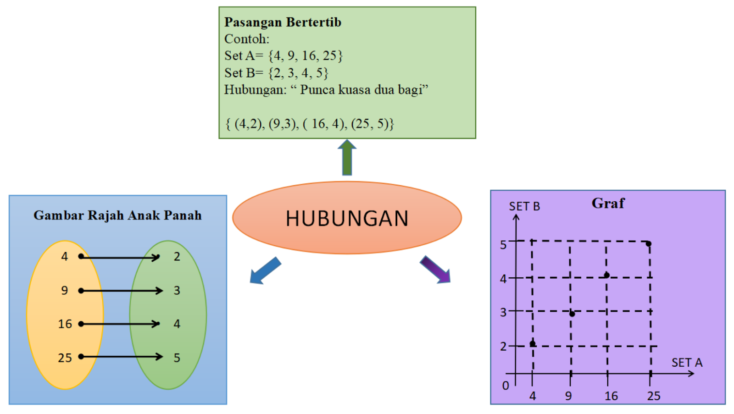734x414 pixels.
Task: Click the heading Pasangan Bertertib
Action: (283, 22)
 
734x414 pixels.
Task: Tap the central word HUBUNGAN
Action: (347, 219)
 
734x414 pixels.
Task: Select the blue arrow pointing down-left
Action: (265, 270)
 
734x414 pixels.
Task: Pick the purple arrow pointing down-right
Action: (435, 270)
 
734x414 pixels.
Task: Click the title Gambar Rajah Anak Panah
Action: (117, 215)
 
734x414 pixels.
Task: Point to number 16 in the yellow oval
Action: (65, 324)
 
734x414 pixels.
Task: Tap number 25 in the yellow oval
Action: (65, 358)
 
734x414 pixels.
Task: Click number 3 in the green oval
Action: (177, 290)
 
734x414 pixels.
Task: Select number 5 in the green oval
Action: (177, 358)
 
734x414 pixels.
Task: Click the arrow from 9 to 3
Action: (122, 291)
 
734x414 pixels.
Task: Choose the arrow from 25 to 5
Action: (122, 357)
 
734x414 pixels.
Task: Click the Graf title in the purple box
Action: (608, 203)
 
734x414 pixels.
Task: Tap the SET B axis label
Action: (524, 206)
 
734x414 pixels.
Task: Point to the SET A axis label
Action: (687, 363)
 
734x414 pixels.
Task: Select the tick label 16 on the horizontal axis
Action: (611, 396)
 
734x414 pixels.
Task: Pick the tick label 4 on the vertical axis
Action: (503, 279)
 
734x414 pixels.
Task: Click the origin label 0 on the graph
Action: (506, 386)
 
